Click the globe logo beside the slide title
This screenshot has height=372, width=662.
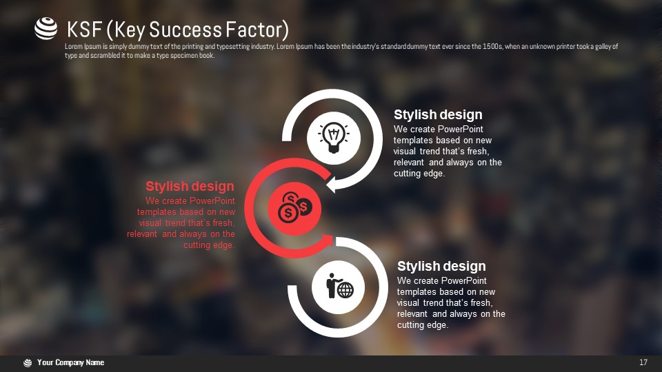tap(46, 29)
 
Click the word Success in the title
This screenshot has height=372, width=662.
tap(185, 30)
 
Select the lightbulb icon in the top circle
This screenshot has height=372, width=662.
tap(334, 138)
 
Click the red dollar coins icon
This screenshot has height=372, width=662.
tap(294, 208)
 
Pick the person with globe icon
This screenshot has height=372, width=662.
tap(340, 286)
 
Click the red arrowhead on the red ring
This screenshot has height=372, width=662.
tap(328, 241)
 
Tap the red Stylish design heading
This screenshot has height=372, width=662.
tap(190, 186)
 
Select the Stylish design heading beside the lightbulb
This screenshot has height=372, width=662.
tap(438, 114)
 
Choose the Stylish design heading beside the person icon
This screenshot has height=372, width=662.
tap(441, 266)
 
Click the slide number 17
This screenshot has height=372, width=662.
tap(643, 362)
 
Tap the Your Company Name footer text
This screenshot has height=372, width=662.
tap(70, 362)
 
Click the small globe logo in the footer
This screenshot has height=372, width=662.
tap(28, 363)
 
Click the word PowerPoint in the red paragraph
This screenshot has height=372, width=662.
tap(213, 200)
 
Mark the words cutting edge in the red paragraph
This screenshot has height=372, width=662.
tap(209, 245)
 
